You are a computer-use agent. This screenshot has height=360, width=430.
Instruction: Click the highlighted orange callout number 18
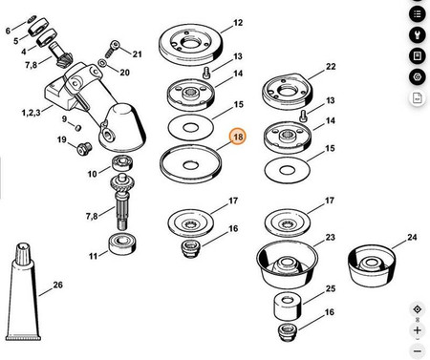[238, 137]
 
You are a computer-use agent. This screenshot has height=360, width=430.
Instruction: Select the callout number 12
[238, 23]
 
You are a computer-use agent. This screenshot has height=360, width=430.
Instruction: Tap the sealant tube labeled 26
[24, 292]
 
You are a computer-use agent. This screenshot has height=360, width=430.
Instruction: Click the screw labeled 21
[112, 49]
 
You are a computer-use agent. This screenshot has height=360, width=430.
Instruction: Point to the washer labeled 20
[102, 63]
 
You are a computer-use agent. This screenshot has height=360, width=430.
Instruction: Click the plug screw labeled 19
[84, 149]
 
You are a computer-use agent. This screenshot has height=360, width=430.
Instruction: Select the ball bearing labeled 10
[122, 163]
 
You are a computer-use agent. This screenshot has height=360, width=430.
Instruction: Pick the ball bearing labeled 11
[122, 244]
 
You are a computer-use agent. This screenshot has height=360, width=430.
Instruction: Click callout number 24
[412, 237]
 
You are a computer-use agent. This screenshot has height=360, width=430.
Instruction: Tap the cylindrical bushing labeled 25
[288, 307]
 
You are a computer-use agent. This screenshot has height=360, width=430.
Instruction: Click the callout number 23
[330, 238]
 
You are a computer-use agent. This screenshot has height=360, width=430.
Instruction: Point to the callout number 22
[331, 67]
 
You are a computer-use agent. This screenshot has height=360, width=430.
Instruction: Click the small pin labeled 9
[77, 128]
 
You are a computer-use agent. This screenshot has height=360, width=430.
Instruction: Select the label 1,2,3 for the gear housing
[31, 113]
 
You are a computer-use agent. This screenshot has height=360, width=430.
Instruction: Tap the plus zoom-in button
[418, 330]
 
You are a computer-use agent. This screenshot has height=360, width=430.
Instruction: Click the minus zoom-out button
[418, 351]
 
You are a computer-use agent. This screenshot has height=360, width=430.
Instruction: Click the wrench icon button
[418, 34]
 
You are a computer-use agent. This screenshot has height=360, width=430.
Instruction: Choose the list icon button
[418, 14]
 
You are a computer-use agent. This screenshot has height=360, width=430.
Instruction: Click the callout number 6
[8, 31]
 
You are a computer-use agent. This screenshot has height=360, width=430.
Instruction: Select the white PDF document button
[418, 98]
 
